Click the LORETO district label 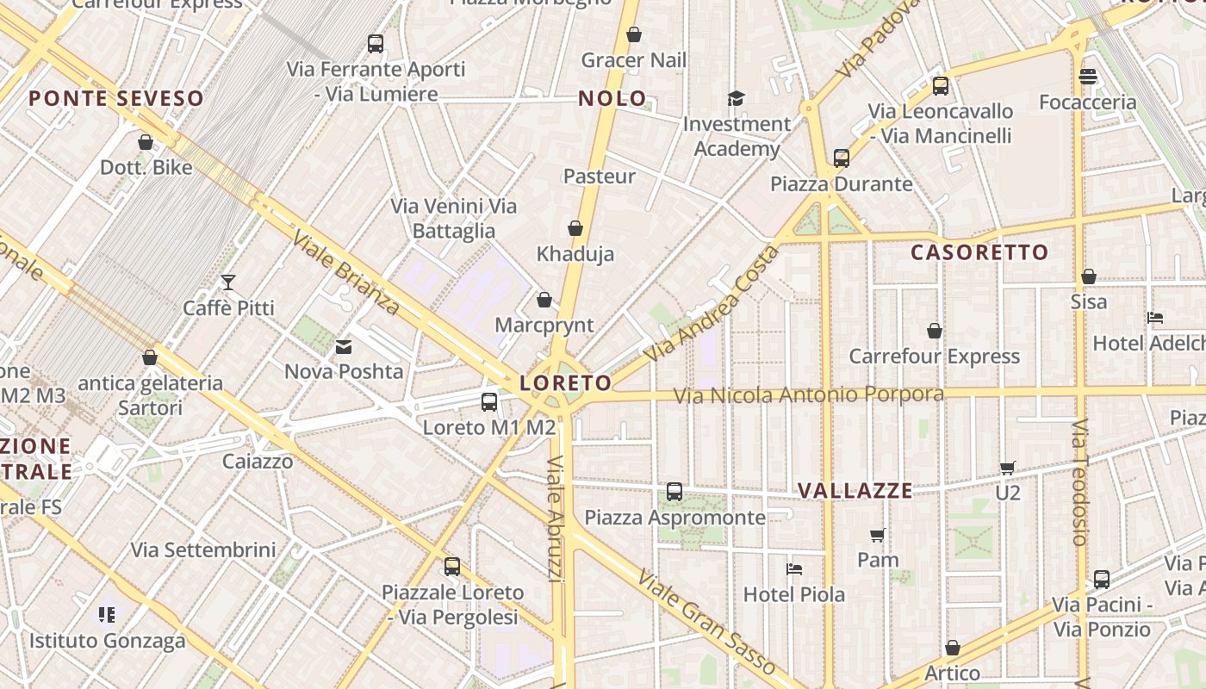tap(566, 383)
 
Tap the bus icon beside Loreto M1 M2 tap(489, 401)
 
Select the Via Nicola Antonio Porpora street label tap(808, 395)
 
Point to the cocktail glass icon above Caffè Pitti tap(228, 282)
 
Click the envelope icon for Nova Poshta tap(344, 347)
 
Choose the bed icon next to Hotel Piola tap(794, 569)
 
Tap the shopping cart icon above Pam tap(878, 536)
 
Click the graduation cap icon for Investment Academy tap(736, 98)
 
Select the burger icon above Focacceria tap(1088, 77)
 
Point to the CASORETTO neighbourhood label tap(979, 252)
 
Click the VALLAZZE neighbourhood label tap(855, 491)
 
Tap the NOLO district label tap(612, 99)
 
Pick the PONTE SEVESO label tap(116, 98)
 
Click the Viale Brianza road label tap(345, 272)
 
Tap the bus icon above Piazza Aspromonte tap(674, 492)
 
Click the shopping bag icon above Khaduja tap(575, 228)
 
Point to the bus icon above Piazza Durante tap(842, 158)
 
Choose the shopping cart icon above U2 tap(1008, 468)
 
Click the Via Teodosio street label tap(1080, 482)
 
